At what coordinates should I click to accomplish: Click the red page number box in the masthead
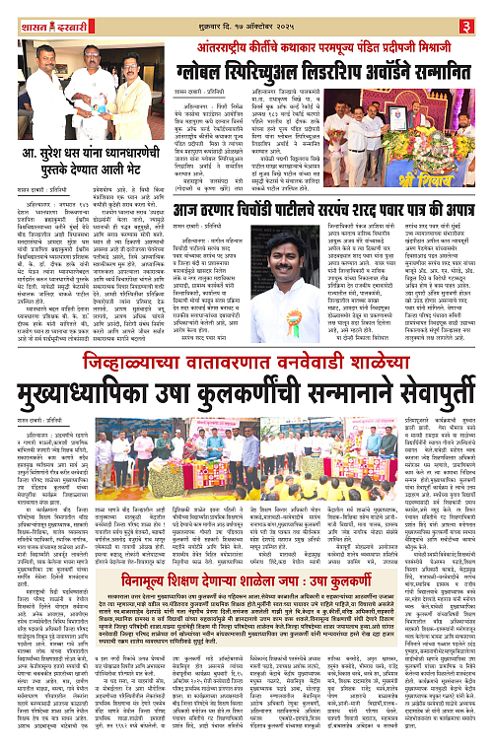tap(480, 11)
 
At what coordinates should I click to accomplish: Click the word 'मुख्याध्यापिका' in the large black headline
tap(78, 357)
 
